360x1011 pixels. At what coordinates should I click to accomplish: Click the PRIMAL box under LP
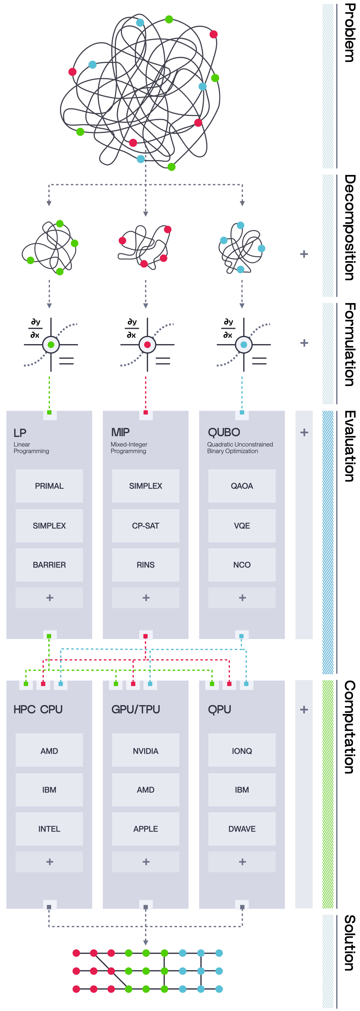[49, 486]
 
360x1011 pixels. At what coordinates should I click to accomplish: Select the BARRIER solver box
[49, 565]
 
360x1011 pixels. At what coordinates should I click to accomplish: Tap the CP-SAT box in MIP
[145, 526]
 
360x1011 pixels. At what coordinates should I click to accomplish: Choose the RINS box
[145, 565]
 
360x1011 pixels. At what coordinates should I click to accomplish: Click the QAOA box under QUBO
[242, 486]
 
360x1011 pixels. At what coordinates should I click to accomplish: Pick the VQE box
[242, 526]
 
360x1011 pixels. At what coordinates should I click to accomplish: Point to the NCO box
[242, 565]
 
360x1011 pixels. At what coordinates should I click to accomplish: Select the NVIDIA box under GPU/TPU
[145, 751]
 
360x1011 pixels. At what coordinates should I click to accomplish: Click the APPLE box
[145, 829]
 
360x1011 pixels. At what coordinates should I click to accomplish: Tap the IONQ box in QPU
[242, 751]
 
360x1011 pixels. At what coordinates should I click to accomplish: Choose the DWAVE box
[242, 829]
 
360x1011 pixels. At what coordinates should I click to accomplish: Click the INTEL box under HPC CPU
[49, 829]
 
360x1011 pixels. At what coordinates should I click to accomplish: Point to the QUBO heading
[224, 432]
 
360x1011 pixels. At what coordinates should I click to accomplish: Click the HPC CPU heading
[38, 709]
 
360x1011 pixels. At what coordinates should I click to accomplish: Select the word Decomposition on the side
[349, 228]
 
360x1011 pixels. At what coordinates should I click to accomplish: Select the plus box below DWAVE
[242, 862]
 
